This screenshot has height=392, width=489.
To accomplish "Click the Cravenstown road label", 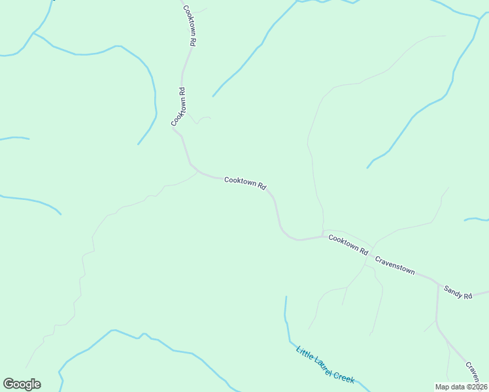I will click(395, 264).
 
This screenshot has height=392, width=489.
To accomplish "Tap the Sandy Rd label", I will click(458, 292).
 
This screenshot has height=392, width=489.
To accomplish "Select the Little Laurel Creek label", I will click(325, 365).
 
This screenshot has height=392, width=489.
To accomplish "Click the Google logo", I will click(22, 384).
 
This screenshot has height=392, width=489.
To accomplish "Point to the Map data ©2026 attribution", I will click(462, 387).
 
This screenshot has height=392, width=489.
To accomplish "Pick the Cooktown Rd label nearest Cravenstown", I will click(348, 245).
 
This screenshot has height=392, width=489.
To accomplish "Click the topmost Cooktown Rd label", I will click(190, 25).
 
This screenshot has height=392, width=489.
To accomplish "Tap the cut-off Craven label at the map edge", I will click(477, 373).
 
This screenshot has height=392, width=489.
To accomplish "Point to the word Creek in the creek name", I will click(344, 376).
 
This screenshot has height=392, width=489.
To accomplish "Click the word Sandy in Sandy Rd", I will click(453, 290).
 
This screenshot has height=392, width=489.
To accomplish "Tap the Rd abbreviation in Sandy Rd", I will click(467, 296).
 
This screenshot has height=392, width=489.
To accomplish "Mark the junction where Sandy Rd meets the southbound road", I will click(437, 284).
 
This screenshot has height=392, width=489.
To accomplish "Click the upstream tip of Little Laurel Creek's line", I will click(286, 297).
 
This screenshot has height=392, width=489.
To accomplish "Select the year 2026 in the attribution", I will click(478, 387).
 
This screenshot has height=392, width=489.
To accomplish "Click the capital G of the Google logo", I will click(8, 384).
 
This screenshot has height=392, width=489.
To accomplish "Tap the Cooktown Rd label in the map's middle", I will click(245, 184).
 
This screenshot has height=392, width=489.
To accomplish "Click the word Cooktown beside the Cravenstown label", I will click(344, 243).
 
